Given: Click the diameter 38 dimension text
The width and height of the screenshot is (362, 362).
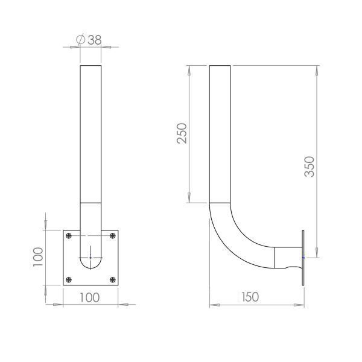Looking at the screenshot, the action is [89, 40].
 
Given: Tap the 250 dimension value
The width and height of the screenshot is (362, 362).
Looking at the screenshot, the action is [182, 133].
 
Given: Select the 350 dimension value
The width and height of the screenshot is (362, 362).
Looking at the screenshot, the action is [310, 167].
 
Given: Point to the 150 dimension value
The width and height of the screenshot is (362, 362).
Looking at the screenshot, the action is [250, 297].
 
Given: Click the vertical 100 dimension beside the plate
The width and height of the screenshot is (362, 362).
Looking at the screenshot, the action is [38, 257].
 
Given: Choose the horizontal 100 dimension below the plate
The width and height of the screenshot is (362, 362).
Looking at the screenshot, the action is [89, 297].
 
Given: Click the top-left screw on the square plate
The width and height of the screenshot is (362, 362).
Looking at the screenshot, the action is [69, 236].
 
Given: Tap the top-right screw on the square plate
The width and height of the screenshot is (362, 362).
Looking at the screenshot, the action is [113, 236].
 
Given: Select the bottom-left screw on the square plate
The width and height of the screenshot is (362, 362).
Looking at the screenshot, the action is [69, 280].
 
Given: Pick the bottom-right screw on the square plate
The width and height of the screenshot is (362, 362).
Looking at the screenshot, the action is [113, 280].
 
